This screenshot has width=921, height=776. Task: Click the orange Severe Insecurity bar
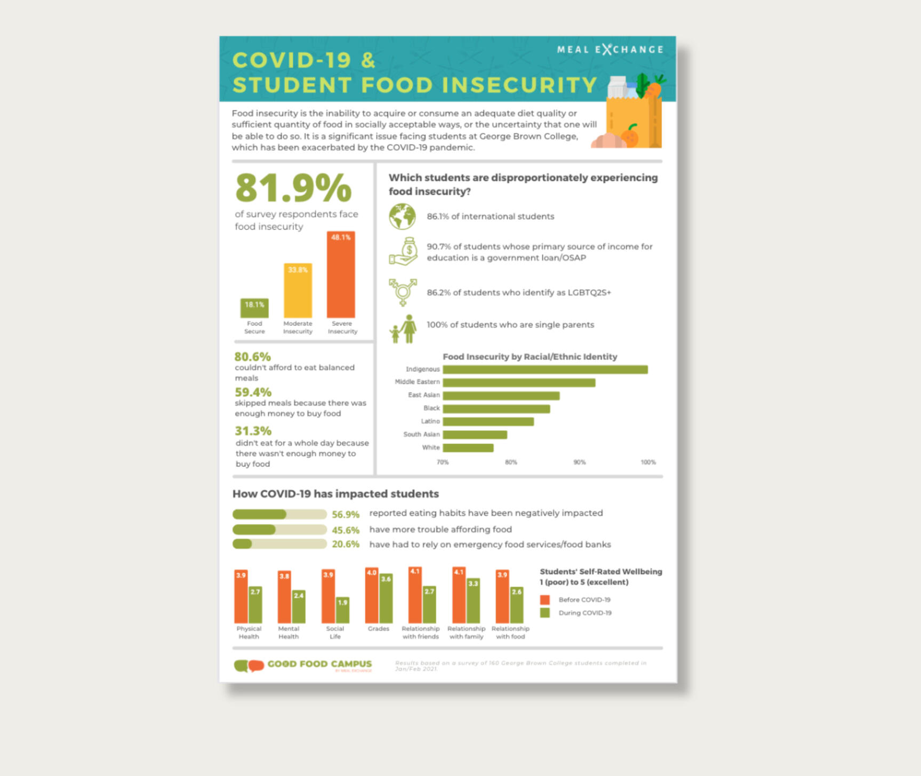(341, 275)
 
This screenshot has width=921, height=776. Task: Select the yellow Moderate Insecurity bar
(298, 291)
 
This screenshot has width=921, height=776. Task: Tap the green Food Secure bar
(254, 308)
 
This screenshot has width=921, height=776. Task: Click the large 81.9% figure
(293, 188)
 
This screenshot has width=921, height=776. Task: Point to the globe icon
(402, 217)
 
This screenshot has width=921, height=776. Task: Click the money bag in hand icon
(404, 251)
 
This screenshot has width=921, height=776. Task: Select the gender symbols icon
(403, 292)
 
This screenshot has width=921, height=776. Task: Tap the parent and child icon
(404, 329)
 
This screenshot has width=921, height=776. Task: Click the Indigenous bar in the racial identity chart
(545, 370)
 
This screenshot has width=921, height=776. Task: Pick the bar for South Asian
(475, 435)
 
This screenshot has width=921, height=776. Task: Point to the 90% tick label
(579, 462)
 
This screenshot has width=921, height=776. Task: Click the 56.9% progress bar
(279, 514)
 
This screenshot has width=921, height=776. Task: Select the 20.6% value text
(346, 545)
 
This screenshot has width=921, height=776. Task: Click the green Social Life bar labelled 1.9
(342, 610)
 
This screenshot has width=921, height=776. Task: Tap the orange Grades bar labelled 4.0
(372, 595)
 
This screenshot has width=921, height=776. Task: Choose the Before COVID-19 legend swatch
(544, 600)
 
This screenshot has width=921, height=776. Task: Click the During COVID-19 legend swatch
(544, 613)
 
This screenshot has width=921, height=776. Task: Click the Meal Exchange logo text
(610, 50)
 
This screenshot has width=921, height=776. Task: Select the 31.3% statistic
(253, 431)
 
